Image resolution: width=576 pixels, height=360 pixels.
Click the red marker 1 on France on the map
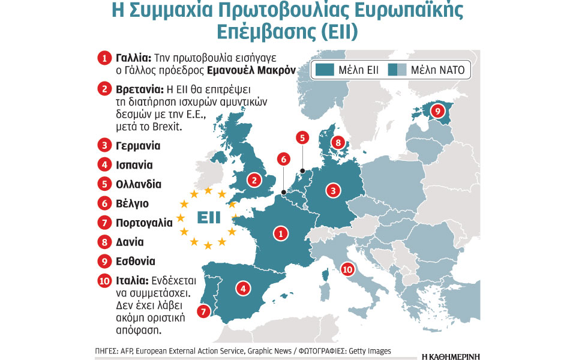point(279,233)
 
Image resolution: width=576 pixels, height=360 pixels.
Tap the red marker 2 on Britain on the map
point(255,179)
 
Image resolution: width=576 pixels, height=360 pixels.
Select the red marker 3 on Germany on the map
point(334,191)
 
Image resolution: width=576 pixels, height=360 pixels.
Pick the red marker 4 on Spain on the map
point(242,289)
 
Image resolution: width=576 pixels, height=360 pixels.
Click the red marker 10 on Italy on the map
point(347,269)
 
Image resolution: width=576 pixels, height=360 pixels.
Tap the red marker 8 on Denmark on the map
point(338,143)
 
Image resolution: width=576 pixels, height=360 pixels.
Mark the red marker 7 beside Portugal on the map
point(203,311)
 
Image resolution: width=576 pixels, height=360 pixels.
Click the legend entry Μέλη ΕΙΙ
point(349,70)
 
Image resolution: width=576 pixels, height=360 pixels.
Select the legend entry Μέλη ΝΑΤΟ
point(428,70)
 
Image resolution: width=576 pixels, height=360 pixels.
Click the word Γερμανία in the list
point(138,145)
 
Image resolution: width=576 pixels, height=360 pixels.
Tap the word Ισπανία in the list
point(134,164)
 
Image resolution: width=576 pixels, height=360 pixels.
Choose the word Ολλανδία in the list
point(138,184)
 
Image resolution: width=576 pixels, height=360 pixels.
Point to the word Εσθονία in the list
point(136,262)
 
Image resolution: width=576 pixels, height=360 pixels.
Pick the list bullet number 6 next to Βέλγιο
point(104,203)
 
